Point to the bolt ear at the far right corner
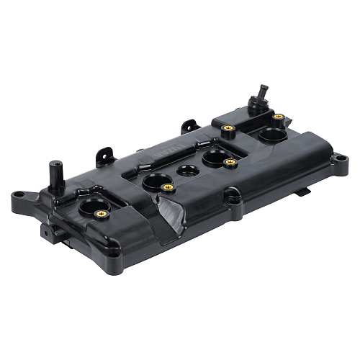pyautogui.click(x=336, y=156)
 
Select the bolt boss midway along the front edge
pyautogui.click(x=231, y=194)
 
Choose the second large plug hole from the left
pyautogui.click(x=156, y=180)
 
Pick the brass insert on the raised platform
pyautogui.click(x=228, y=129)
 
